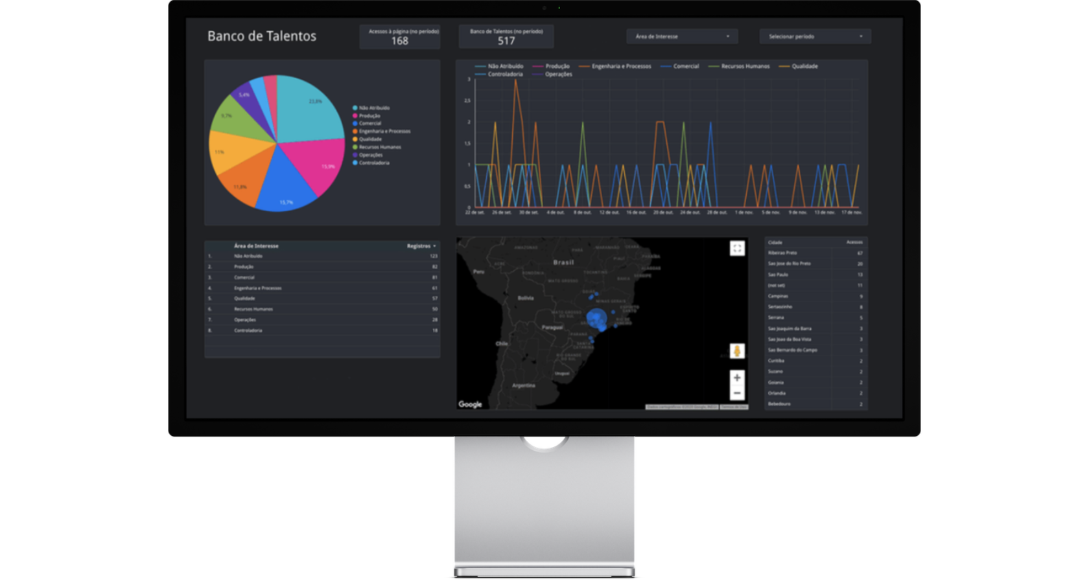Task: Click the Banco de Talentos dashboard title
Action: pyautogui.click(x=262, y=36)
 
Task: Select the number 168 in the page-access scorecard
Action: pyautogui.click(x=400, y=41)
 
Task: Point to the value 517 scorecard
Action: pyautogui.click(x=506, y=41)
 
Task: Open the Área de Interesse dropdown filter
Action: pyautogui.click(x=682, y=36)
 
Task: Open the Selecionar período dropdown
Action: pyautogui.click(x=815, y=36)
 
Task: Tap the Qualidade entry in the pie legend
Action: pyautogui.click(x=370, y=139)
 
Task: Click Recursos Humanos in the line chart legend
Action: pyautogui.click(x=745, y=66)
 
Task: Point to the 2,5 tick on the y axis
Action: pyautogui.click(x=467, y=100)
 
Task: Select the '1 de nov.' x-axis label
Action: pyautogui.click(x=744, y=212)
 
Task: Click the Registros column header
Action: pyautogui.click(x=419, y=246)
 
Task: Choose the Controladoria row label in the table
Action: pyautogui.click(x=248, y=330)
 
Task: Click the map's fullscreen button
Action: pyautogui.click(x=737, y=248)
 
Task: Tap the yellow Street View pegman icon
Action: pyautogui.click(x=737, y=351)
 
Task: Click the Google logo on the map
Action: pyautogui.click(x=470, y=404)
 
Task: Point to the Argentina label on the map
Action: pyautogui.click(x=524, y=385)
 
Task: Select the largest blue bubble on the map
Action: pyautogui.click(x=596, y=319)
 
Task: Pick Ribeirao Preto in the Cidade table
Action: pyautogui.click(x=782, y=253)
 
